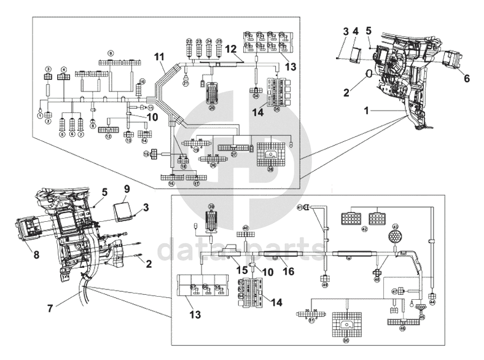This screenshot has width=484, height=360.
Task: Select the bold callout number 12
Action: coord(230,49)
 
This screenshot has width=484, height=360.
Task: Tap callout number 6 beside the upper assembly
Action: coord(467,78)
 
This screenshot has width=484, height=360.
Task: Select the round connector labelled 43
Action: coord(396,238)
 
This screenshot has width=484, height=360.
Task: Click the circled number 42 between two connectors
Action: coord(364,229)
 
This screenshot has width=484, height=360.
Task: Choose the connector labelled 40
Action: coord(245,235)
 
